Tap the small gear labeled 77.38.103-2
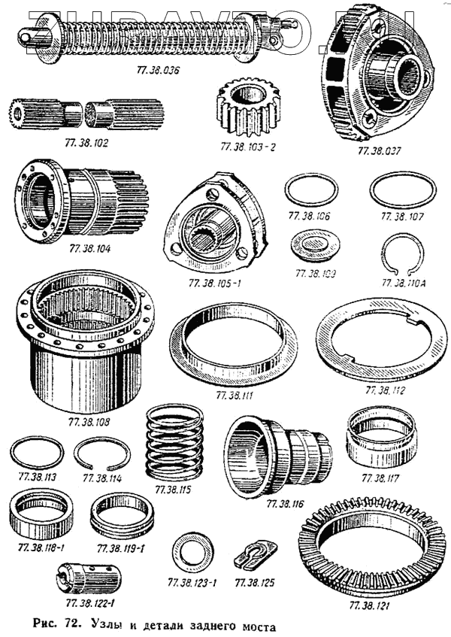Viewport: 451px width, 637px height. pyautogui.click(x=246, y=108)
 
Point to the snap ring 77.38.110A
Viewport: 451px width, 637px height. pyautogui.click(x=405, y=257)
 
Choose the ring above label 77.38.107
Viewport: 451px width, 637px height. pyautogui.click(x=402, y=193)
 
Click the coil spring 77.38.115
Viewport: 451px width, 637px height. pyautogui.click(x=174, y=443)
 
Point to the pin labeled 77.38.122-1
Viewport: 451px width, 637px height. pyautogui.click(x=89, y=579)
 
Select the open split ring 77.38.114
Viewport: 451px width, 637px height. pyautogui.click(x=102, y=453)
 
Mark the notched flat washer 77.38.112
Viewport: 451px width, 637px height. pyautogui.click(x=383, y=340)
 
